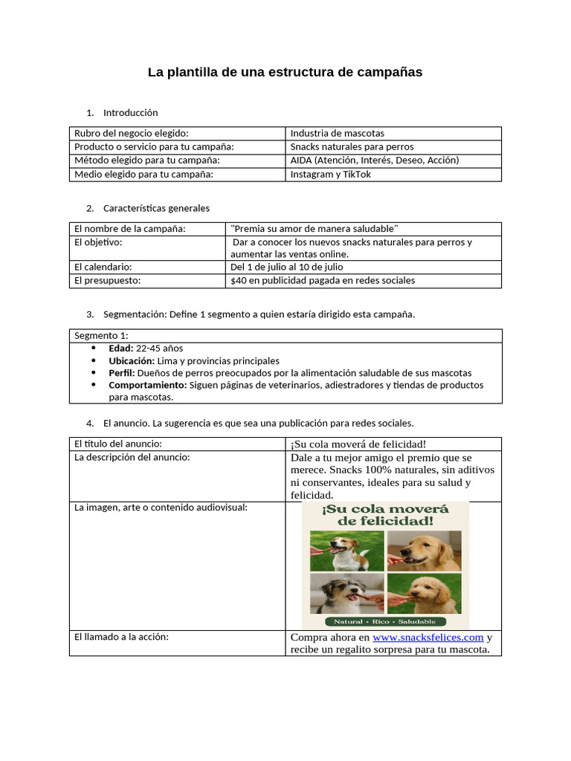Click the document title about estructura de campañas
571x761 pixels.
pyautogui.click(x=285, y=72)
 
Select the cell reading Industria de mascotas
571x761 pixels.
pyautogui.click(x=337, y=133)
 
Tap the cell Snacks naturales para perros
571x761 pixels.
pyautogui.click(x=352, y=146)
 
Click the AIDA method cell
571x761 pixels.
pyautogui.click(x=374, y=160)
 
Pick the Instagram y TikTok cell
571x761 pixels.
pyautogui.click(x=330, y=174)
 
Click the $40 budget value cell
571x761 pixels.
pyautogui.click(x=323, y=280)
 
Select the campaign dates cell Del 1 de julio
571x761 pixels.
pyautogui.click(x=286, y=267)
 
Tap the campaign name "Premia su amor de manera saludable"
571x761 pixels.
pyautogui.click(x=314, y=228)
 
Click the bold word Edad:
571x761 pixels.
pyautogui.click(x=121, y=348)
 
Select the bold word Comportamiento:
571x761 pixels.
pyautogui.click(x=148, y=385)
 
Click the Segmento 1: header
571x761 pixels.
pyautogui.click(x=101, y=335)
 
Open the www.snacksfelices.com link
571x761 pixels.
pyautogui.click(x=428, y=637)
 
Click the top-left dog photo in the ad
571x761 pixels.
pyautogui.click(x=347, y=551)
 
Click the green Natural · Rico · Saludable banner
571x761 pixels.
pyautogui.click(x=384, y=621)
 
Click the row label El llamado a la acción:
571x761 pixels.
pyautogui.click(x=122, y=637)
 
